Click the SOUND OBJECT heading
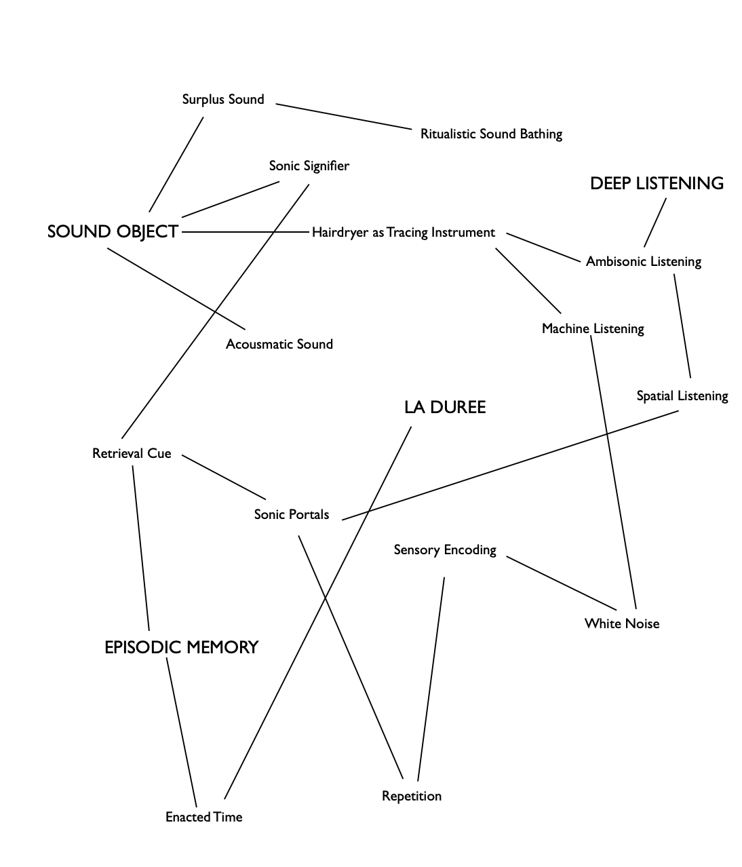tap(113, 232)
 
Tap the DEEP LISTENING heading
tap(657, 183)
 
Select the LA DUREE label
tap(445, 407)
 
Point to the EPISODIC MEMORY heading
tap(181, 647)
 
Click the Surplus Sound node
tap(223, 100)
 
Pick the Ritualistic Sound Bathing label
tap(491, 134)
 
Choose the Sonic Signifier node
tap(309, 166)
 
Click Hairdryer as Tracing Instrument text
tap(404, 233)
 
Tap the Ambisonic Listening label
tap(643, 261)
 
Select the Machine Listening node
tap(593, 329)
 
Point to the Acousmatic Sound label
tap(279, 344)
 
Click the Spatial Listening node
tap(682, 396)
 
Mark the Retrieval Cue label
tap(132, 453)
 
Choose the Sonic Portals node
tap(292, 514)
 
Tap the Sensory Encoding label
tap(445, 550)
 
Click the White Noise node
tap(622, 623)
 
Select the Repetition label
tap(412, 796)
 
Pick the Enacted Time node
tap(203, 817)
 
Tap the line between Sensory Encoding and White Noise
tap(562, 583)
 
